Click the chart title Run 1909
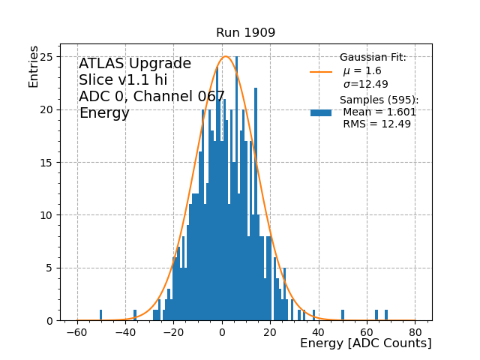tap(245, 33)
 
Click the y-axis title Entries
tap(34, 66)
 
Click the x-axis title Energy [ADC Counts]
tap(365, 343)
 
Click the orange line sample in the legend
tap(321, 72)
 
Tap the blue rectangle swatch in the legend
tap(321, 112)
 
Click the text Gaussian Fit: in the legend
tap(373, 58)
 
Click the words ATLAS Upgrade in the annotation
tap(135, 64)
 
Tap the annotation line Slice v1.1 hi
tap(123, 80)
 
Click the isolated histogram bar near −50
tap(101, 315)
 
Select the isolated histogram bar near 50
tap(343, 315)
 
